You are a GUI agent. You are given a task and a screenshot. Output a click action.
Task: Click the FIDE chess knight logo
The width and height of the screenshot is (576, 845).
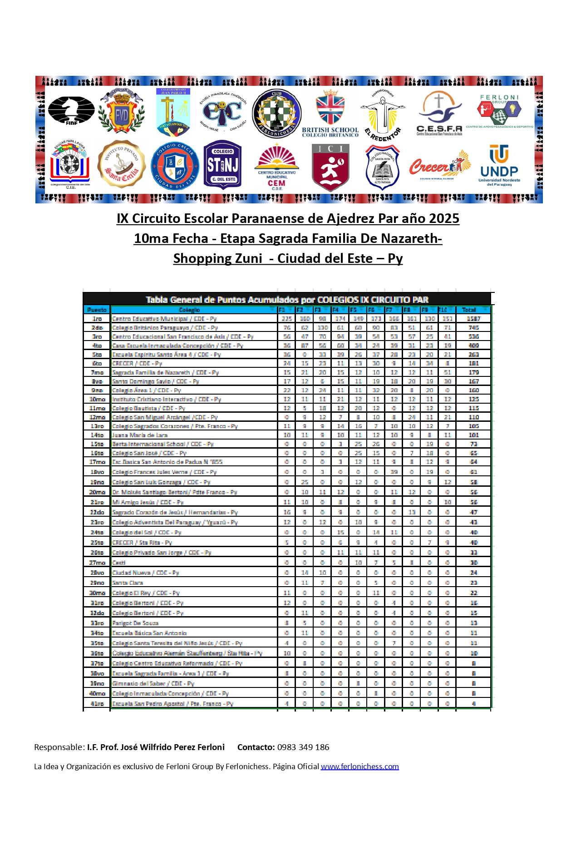(71, 110)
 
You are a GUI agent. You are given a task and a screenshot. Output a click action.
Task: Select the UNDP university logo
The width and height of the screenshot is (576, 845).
(499, 165)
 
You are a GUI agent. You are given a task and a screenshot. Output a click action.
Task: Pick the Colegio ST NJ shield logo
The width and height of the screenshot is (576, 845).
(222, 164)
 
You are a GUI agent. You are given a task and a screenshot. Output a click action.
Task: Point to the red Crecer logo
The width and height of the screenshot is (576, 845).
(439, 165)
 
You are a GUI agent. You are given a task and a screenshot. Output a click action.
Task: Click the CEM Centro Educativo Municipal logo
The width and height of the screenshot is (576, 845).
(276, 167)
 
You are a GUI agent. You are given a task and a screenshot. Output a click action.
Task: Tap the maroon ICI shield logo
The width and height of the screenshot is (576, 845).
(330, 167)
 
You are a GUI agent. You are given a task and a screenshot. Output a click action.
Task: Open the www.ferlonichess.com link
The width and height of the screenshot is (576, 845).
(359, 766)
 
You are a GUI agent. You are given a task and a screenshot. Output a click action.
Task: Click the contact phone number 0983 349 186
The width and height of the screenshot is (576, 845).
(303, 747)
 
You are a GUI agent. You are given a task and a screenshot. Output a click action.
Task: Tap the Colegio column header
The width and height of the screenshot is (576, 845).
(189, 310)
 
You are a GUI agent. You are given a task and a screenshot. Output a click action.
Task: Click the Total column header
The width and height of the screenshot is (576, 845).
(469, 310)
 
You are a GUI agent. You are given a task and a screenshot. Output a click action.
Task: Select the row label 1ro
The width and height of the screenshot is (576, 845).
(97, 319)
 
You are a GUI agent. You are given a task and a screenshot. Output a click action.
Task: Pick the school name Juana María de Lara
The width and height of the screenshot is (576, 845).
(140, 435)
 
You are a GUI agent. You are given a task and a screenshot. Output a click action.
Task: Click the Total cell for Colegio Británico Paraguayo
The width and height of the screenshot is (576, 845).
(473, 327)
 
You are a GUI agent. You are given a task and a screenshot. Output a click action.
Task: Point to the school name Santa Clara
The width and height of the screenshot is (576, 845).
(128, 583)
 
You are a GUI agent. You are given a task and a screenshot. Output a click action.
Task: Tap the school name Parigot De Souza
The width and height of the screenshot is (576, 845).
(135, 623)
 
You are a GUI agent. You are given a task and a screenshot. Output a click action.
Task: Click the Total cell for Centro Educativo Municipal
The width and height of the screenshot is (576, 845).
(473, 319)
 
